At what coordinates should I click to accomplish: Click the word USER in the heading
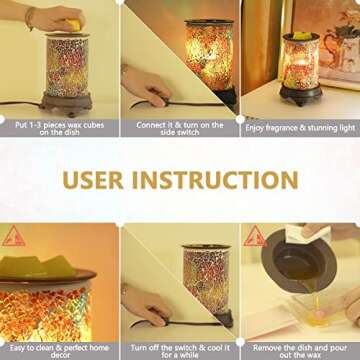point(93,180)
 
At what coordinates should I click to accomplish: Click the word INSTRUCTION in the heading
point(215,180)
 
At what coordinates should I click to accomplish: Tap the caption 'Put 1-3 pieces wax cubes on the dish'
point(60,129)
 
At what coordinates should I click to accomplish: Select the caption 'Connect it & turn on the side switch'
point(180,129)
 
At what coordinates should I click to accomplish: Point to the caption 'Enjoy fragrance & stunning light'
point(300,128)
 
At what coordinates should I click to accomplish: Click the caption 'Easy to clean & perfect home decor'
point(59,351)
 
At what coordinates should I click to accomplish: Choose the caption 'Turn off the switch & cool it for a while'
point(180,351)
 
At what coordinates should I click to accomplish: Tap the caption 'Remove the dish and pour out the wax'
point(300,351)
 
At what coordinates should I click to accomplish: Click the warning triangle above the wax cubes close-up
point(14,237)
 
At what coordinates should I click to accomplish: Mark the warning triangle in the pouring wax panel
point(255,237)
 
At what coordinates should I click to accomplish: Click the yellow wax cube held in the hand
point(73,25)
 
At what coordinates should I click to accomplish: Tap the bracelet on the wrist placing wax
point(30,18)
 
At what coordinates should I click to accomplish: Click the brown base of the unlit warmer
point(66,104)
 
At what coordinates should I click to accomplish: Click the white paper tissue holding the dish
point(308,233)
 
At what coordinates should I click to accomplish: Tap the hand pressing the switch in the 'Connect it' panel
point(146,85)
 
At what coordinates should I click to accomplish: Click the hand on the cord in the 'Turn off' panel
point(146,305)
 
